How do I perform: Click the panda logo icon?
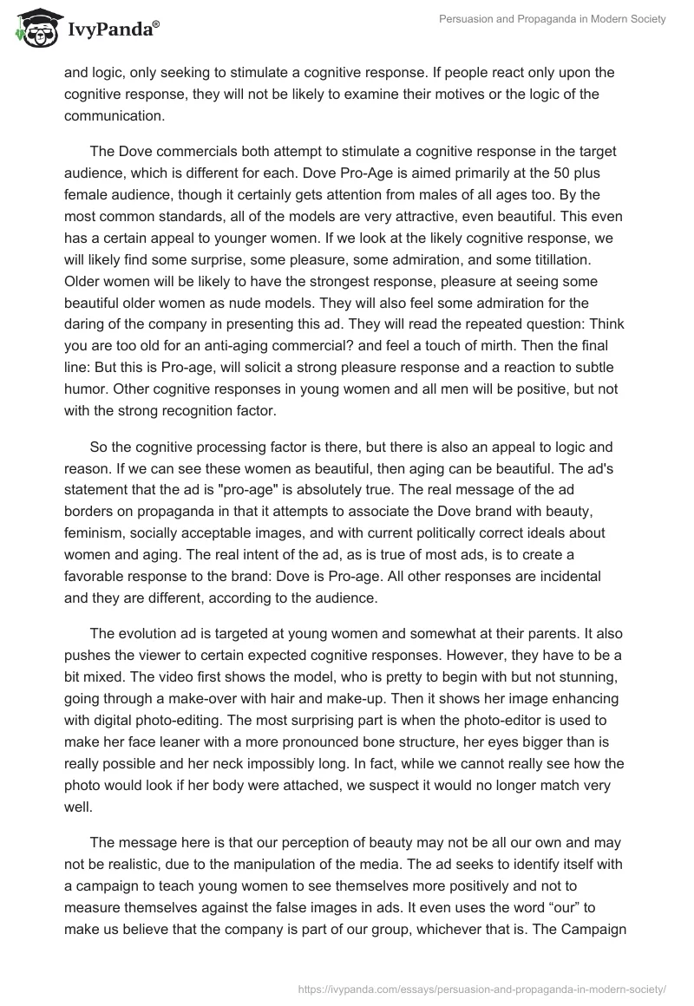pos(32,29)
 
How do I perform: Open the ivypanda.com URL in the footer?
pos(481,988)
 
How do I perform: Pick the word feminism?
pos(98,531)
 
